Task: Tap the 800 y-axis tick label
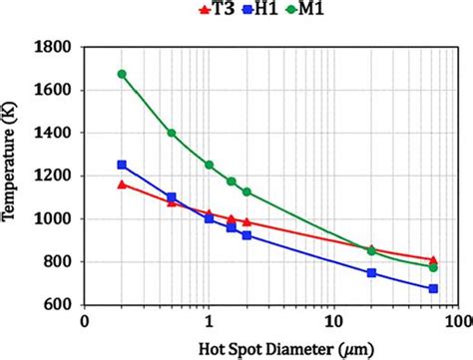point(61,262)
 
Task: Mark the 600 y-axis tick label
point(61,305)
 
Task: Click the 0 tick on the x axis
point(86,323)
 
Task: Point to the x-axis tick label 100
point(457,323)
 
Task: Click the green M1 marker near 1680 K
point(122,74)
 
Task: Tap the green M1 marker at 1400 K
point(172,133)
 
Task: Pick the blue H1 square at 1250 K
point(122,165)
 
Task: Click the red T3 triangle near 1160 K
point(122,184)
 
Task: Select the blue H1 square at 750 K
point(371,272)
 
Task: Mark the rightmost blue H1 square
point(433,288)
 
